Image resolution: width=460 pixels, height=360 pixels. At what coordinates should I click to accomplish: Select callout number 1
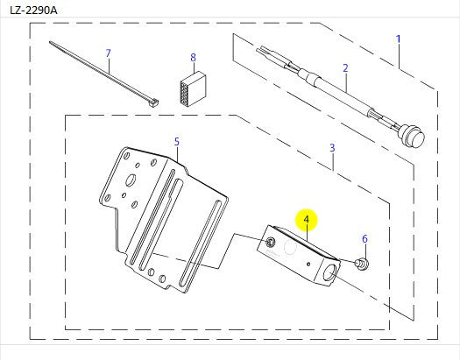(x=398, y=39)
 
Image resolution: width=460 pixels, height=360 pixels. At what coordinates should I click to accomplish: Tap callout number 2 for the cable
(x=345, y=68)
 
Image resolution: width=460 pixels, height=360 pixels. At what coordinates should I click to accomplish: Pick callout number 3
(x=332, y=148)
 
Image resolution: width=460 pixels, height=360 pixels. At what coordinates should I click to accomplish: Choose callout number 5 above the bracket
(x=176, y=140)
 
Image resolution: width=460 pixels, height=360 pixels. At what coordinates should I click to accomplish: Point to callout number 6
(x=365, y=238)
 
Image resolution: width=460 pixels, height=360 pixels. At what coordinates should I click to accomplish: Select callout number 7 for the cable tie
(x=108, y=53)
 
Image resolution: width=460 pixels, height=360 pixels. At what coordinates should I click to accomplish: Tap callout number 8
(x=193, y=57)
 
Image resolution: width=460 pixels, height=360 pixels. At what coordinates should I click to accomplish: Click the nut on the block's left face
(x=271, y=241)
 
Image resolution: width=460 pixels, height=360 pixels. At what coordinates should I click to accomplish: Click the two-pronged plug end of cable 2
(x=265, y=51)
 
